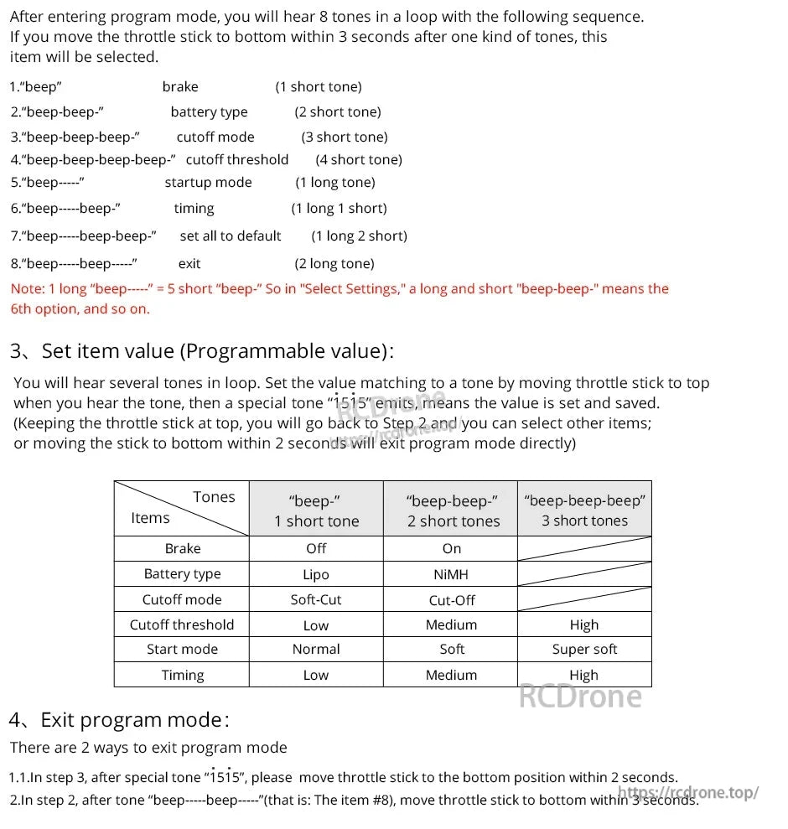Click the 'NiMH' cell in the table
point(451,574)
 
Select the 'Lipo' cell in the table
point(316,574)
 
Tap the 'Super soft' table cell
point(584,650)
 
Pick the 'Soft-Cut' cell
point(316,600)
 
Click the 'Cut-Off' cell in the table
point(451,600)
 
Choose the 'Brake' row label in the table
point(182,548)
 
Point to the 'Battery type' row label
point(182,574)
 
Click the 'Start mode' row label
point(182,650)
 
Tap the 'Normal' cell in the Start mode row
point(316,650)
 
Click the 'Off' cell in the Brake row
point(316,548)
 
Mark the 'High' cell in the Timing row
point(584,675)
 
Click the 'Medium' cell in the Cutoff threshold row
point(451,625)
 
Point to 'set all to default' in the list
point(231,236)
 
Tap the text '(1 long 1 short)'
point(339,209)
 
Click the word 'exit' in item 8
point(189,264)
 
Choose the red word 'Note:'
point(28,289)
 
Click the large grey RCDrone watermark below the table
point(580,697)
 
